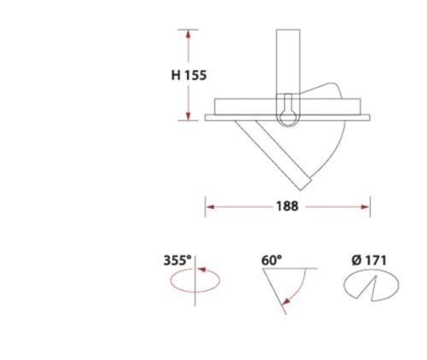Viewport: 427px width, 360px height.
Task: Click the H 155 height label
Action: [x=189, y=75]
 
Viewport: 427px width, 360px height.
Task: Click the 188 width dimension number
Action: [x=287, y=206]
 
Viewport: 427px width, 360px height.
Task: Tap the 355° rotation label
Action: [x=178, y=260]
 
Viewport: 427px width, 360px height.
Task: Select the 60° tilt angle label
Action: [x=272, y=260]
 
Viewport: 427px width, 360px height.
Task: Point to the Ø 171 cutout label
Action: [x=369, y=260]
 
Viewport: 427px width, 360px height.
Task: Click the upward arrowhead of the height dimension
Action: [x=188, y=34]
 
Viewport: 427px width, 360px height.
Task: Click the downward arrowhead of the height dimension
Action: [x=188, y=116]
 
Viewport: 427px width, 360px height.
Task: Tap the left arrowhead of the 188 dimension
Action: [x=210, y=206]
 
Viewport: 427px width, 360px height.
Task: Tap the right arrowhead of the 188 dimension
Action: [x=366, y=206]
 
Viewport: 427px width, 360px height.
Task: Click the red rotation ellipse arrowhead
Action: [x=202, y=270]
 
